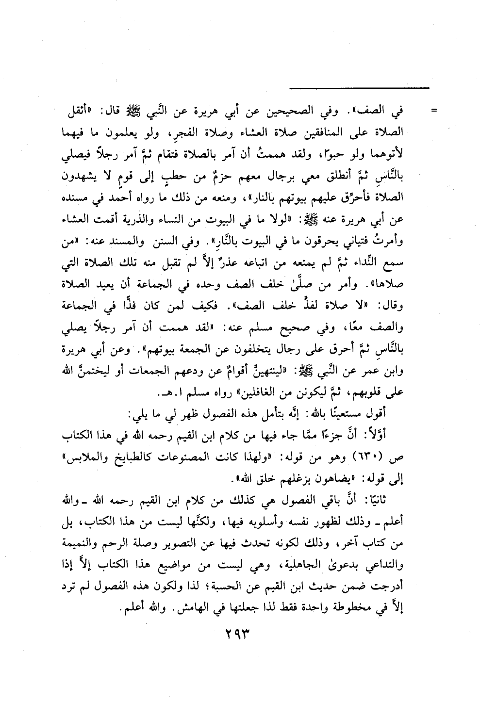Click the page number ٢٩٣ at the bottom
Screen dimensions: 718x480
pyautogui.click(x=240, y=634)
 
